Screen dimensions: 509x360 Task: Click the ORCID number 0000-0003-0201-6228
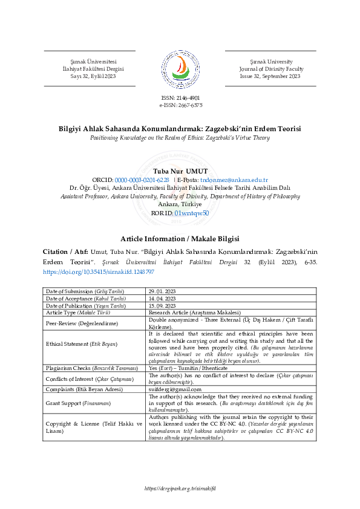(142, 180)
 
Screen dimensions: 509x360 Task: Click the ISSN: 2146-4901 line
(180, 97)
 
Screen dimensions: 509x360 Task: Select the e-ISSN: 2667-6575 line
(180, 105)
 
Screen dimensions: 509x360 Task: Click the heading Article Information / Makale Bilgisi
(180, 239)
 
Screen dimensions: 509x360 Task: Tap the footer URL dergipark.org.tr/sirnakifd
(180, 488)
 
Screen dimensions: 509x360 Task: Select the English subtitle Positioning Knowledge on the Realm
(180, 138)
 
